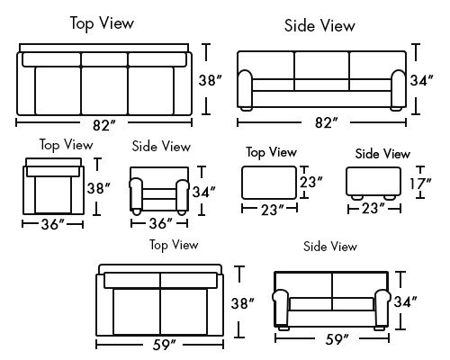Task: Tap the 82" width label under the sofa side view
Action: coord(326,122)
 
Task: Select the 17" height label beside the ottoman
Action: coord(420,184)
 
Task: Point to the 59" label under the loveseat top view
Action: coord(164,345)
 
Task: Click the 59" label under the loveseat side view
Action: coord(337,339)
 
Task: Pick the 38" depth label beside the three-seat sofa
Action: coord(210,80)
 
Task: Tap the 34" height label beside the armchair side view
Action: coord(204,192)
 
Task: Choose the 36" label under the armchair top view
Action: coord(53,224)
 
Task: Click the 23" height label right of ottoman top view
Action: coord(311,182)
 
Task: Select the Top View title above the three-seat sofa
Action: coord(102,23)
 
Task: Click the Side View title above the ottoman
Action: coord(382,154)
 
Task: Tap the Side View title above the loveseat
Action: coord(330,247)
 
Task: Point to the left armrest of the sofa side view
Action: coord(245,88)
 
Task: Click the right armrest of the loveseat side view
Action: coord(382,308)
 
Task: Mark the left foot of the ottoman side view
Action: coord(357,197)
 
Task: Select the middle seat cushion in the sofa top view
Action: coord(104,90)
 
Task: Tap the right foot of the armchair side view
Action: coord(182,211)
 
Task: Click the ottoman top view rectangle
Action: coord(269,183)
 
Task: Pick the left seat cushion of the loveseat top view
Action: coord(137,311)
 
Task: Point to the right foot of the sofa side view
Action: coord(396,109)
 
